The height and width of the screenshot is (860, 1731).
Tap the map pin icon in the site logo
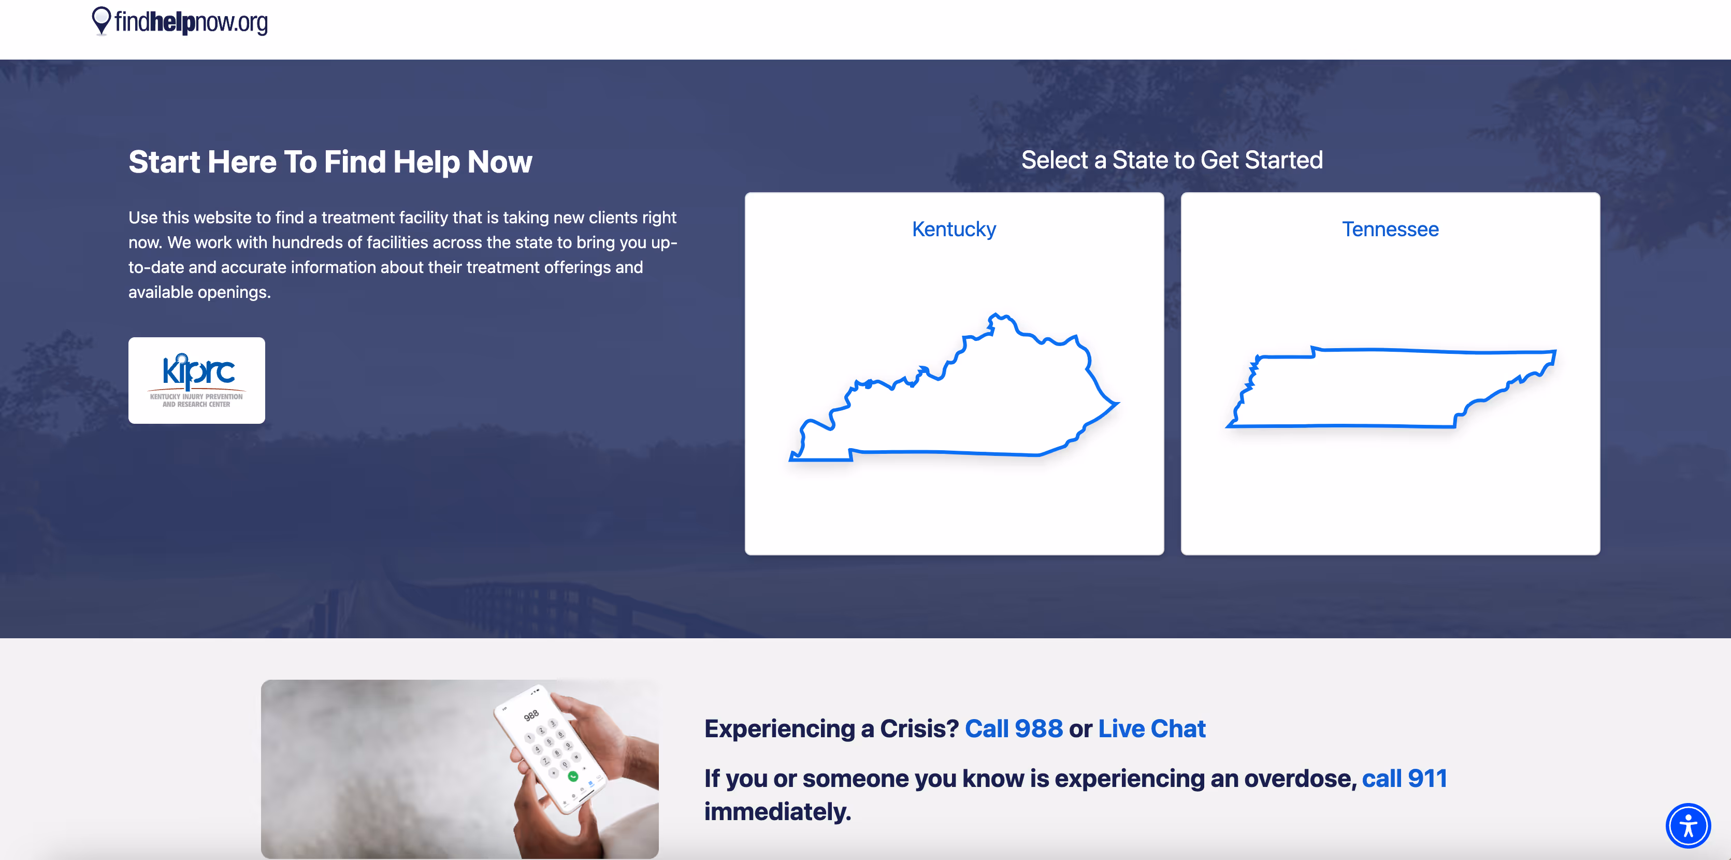[x=101, y=21]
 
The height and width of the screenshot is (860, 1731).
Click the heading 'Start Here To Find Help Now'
[x=330, y=162]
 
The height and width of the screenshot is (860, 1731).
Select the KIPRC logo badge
[x=196, y=380]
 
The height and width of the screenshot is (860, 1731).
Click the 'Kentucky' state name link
[x=954, y=229]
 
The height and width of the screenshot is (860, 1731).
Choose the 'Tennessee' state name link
[x=1390, y=229]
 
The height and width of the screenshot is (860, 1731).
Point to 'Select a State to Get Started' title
[x=1172, y=161]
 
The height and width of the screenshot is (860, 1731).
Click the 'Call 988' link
[x=1013, y=729]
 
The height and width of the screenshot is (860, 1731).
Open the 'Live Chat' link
[x=1152, y=729]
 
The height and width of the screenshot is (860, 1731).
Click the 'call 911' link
[x=1404, y=779]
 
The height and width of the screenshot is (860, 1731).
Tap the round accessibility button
[x=1688, y=825]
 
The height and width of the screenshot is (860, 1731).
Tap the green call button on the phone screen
[x=572, y=777]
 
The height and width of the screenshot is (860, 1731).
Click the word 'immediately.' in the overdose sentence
[x=777, y=812]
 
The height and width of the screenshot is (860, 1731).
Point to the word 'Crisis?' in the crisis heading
[x=919, y=729]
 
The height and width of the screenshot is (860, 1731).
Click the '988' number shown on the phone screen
[x=531, y=715]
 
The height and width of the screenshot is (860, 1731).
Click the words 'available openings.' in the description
[x=199, y=292]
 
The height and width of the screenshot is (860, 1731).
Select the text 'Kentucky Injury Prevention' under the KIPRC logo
[x=196, y=396]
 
